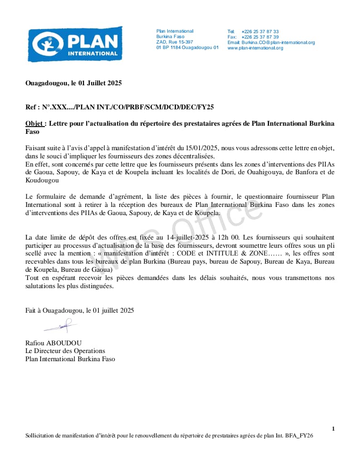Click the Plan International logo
(x=75, y=44)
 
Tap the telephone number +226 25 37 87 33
(x=260, y=31)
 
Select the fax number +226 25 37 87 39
(x=260, y=37)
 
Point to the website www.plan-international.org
(x=255, y=48)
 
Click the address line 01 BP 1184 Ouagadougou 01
(x=187, y=48)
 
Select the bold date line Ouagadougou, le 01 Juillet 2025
(x=73, y=83)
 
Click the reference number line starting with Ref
(x=119, y=107)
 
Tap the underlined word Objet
(x=35, y=123)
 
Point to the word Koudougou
(x=42, y=180)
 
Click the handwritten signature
(x=61, y=326)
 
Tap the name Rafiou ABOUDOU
(x=54, y=343)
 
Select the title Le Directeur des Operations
(x=65, y=351)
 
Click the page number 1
(x=333, y=429)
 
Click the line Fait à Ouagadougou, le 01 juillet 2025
(x=79, y=310)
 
